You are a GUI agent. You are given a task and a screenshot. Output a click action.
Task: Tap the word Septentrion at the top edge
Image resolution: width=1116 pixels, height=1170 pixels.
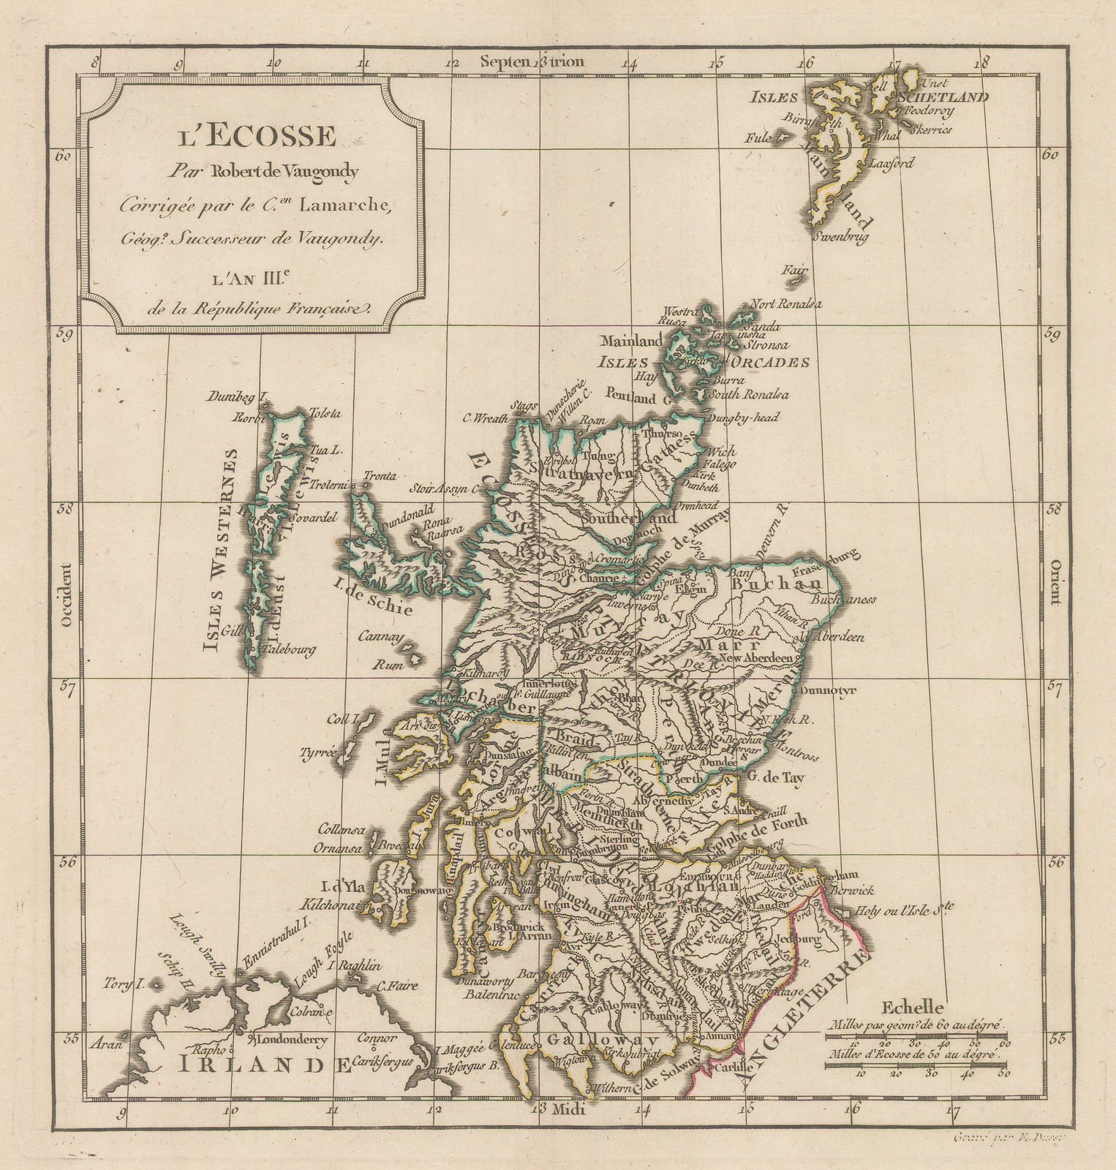[x=532, y=61]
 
